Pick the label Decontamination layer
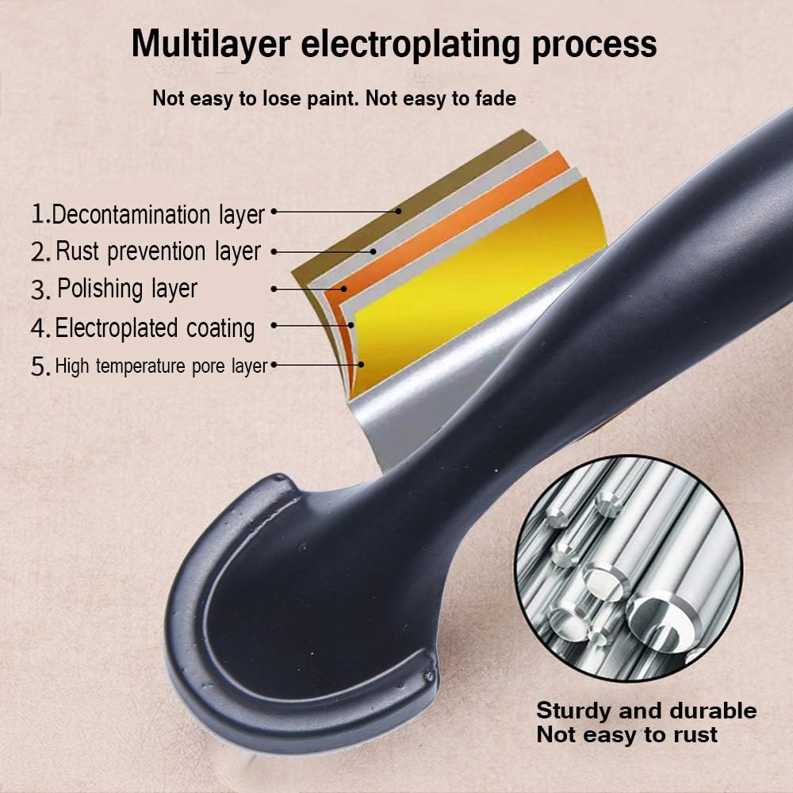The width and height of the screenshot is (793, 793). [x=158, y=214]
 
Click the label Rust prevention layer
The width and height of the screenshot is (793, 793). [x=158, y=251]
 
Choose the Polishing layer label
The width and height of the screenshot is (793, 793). [x=127, y=289]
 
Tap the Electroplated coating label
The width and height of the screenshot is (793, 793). [x=155, y=328]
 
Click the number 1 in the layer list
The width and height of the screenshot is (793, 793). [x=39, y=214]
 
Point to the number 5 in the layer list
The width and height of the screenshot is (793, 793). [x=40, y=367]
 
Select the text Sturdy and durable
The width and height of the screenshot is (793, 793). [x=646, y=710]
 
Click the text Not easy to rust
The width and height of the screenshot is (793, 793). [x=626, y=734]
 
